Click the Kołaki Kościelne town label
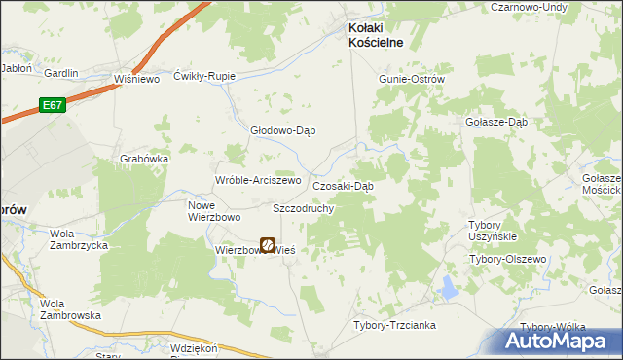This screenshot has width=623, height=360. tap(376, 36)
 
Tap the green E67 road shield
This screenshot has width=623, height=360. tap(53, 103)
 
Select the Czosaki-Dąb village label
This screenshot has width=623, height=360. tap(343, 186)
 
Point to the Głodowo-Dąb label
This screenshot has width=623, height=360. tap(285, 129)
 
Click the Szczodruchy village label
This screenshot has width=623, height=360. tap(304, 208)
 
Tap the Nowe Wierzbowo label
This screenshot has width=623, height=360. tap(213, 211)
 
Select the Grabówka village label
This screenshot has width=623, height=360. tap(145, 159)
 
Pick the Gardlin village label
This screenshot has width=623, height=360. tap(60, 73)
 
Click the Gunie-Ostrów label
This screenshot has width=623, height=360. tap(411, 79)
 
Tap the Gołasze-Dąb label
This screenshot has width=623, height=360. tap(496, 122)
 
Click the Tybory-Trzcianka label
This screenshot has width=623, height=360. tap(394, 325)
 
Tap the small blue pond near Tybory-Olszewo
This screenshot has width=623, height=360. tap(449, 287)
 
